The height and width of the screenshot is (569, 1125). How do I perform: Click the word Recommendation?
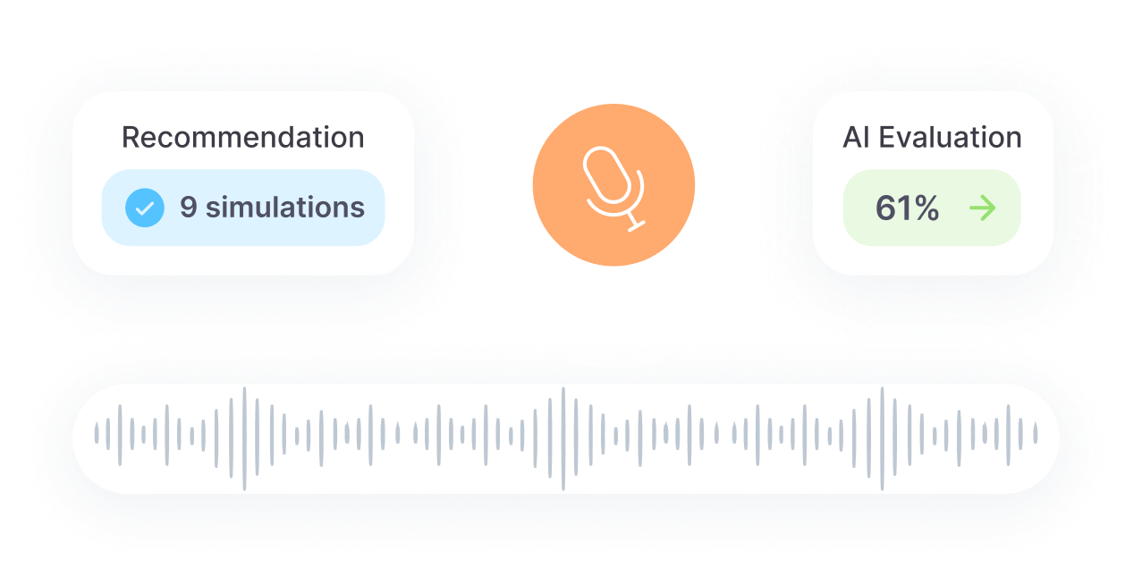[x=243, y=137]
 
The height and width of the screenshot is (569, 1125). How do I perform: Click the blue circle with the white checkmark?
[x=145, y=208]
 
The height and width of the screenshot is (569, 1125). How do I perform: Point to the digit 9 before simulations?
[x=189, y=207]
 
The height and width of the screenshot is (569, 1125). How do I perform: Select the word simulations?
[x=284, y=207]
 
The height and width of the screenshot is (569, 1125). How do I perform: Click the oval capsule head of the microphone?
[x=606, y=175]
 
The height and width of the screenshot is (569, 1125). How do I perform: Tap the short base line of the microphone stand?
[x=637, y=226]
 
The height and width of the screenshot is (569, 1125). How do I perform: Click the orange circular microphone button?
[x=613, y=185]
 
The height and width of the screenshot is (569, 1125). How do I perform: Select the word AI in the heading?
[x=857, y=137]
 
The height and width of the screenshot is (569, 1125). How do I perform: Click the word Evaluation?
[x=951, y=137]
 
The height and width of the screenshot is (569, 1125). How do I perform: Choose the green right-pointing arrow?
[x=983, y=208]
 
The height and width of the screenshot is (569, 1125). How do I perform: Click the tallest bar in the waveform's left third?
[x=245, y=438]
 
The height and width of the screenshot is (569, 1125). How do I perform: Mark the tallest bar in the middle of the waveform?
[x=563, y=438]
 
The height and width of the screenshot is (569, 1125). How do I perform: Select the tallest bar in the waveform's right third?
[x=883, y=438]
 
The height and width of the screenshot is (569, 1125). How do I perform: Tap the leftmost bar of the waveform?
[x=97, y=433]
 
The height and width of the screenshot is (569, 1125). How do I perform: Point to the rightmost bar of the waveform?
[x=1036, y=433]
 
